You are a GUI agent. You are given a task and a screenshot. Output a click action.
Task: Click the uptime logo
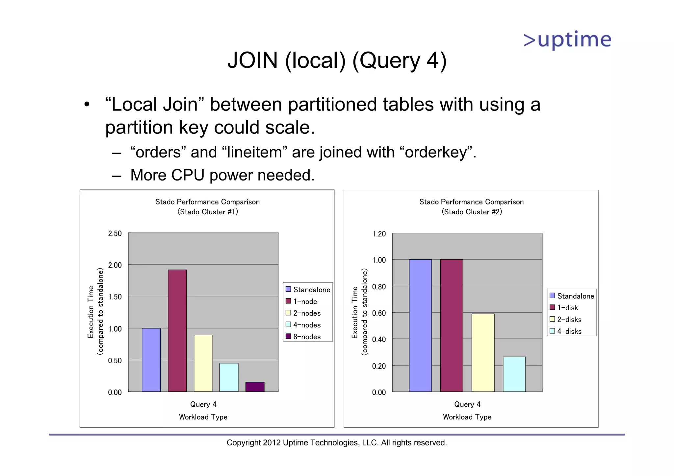(x=567, y=40)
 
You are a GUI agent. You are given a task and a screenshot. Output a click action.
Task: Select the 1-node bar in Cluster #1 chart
(x=177, y=330)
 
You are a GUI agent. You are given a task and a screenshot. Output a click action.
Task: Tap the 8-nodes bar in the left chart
(x=255, y=387)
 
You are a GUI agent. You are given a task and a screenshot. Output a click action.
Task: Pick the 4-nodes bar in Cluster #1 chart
(x=229, y=377)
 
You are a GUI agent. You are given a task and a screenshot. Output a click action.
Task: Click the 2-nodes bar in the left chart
(x=203, y=363)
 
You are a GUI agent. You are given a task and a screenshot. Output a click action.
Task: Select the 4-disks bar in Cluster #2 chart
(x=514, y=374)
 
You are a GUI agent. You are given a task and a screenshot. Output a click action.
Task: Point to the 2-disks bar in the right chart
(x=483, y=352)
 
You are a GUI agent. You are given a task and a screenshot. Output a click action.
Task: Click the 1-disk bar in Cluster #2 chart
(x=452, y=325)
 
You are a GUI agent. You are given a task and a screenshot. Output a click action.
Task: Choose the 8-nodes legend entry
(x=303, y=337)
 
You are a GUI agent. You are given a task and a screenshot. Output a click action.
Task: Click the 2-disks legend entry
(x=566, y=320)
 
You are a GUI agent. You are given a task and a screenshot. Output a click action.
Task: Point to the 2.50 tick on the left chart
(x=115, y=234)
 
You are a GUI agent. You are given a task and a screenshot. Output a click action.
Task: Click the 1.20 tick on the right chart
(x=379, y=234)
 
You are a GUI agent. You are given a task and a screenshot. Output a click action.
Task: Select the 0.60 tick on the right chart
(x=379, y=313)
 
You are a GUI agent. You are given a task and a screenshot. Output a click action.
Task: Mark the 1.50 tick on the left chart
(x=115, y=297)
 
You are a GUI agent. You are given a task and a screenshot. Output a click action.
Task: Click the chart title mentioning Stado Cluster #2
(x=471, y=207)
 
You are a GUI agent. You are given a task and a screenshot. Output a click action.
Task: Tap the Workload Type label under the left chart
(x=203, y=417)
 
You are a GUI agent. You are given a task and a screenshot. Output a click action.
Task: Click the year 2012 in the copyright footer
(x=272, y=443)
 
